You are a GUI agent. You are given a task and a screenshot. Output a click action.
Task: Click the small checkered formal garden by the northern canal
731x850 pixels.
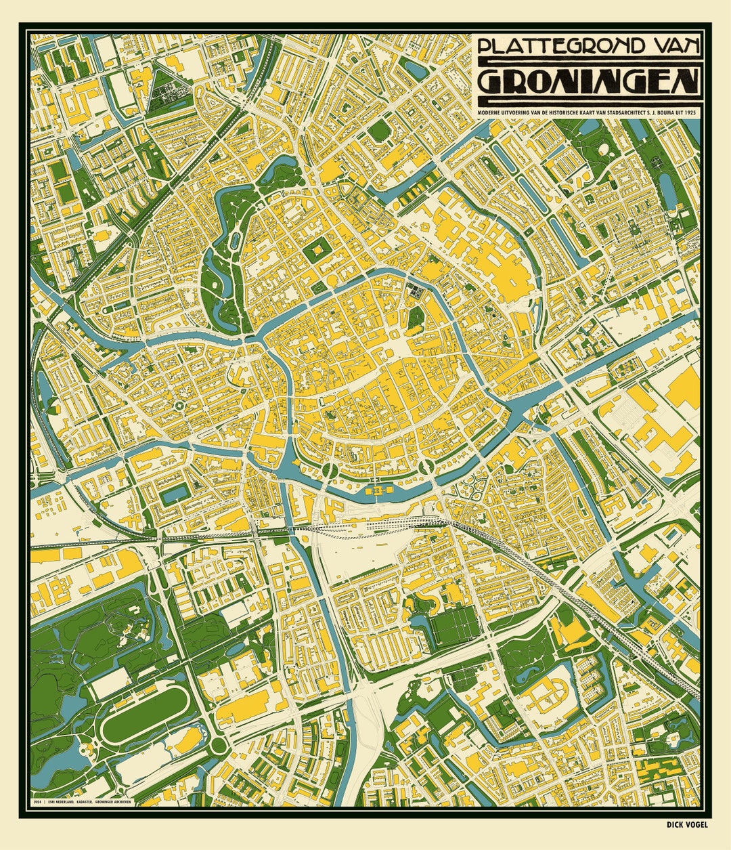coord(414,292)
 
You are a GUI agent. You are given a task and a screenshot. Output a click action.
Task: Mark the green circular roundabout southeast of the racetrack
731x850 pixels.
coord(218,746)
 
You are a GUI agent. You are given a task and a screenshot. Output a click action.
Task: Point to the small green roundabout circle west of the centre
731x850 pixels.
coord(179,406)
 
